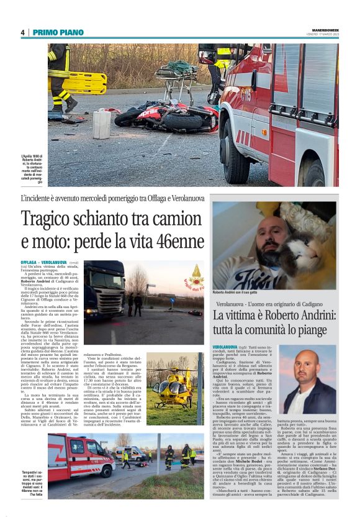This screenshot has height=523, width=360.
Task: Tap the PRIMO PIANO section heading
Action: [x=58, y=32]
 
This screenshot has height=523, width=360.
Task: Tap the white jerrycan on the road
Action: [x=102, y=124]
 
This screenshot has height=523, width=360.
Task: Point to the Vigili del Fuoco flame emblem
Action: [x=196, y=272]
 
